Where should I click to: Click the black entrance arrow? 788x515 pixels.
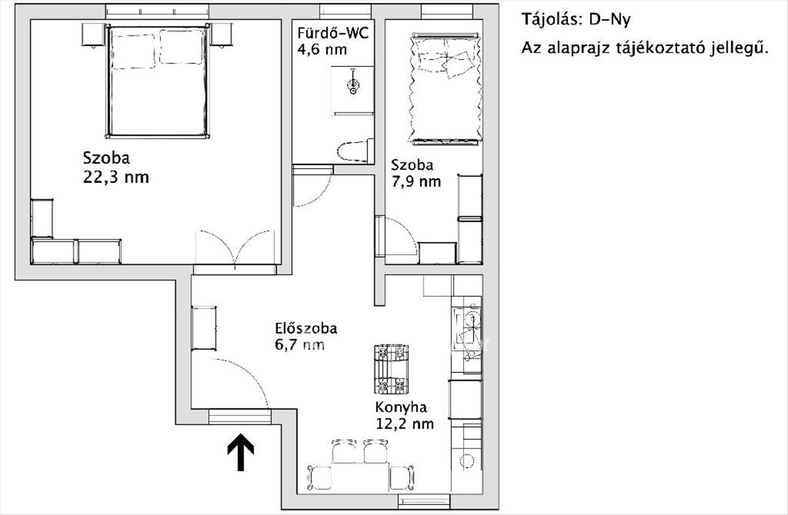[240, 452]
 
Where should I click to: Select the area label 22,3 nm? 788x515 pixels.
[116, 177]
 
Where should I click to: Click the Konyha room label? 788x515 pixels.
[401, 407]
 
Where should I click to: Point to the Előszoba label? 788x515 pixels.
[306, 328]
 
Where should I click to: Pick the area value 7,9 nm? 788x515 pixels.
[416, 182]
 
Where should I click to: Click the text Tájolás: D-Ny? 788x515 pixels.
[576, 19]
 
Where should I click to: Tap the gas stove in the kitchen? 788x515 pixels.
[391, 369]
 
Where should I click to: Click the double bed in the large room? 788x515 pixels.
[157, 81]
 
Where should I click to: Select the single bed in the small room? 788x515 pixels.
[446, 89]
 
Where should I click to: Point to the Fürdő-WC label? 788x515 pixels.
[333, 33]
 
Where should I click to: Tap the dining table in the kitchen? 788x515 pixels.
[360, 477]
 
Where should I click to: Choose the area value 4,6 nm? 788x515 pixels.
[322, 49]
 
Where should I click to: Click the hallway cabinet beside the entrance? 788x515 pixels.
[204, 328]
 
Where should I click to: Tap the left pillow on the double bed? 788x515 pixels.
[134, 52]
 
